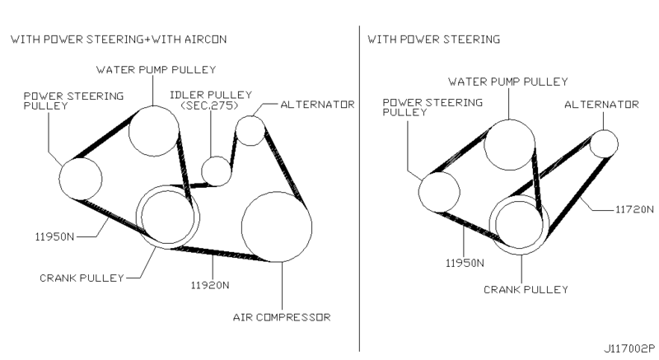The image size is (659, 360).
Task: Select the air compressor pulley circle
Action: pos(276,227)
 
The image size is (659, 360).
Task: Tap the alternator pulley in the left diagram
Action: pos(250,129)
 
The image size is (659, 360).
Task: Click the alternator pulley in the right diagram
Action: pos(604,143)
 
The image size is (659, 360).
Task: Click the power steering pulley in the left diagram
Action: pos(82,177)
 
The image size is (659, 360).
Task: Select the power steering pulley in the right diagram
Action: pos(439,191)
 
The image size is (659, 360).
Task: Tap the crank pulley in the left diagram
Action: pos(168,216)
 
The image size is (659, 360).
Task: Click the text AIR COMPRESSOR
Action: pos(283,316)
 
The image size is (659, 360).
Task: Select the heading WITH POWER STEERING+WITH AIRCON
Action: pos(117,39)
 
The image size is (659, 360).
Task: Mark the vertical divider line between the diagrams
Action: pos(360,189)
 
